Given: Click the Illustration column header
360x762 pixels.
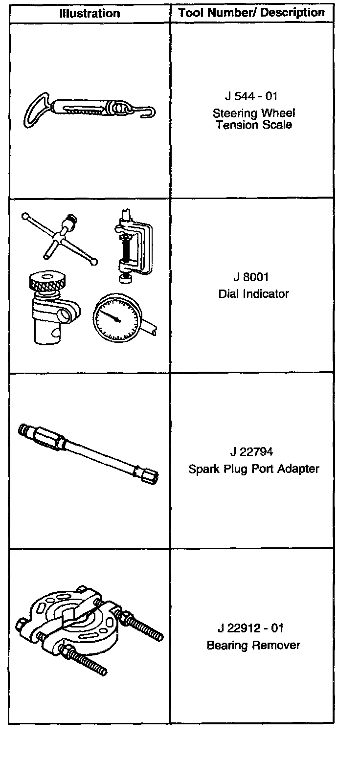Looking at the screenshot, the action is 90,13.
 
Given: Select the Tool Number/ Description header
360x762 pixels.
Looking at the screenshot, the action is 251,13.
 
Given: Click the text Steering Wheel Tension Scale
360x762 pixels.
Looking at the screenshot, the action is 253,119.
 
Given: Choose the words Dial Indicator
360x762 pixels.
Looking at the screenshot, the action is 253,294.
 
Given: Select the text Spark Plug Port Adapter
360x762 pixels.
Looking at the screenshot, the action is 253,469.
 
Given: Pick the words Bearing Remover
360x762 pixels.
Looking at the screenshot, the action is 253,645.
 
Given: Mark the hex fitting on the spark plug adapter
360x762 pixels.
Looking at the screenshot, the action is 47,438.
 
